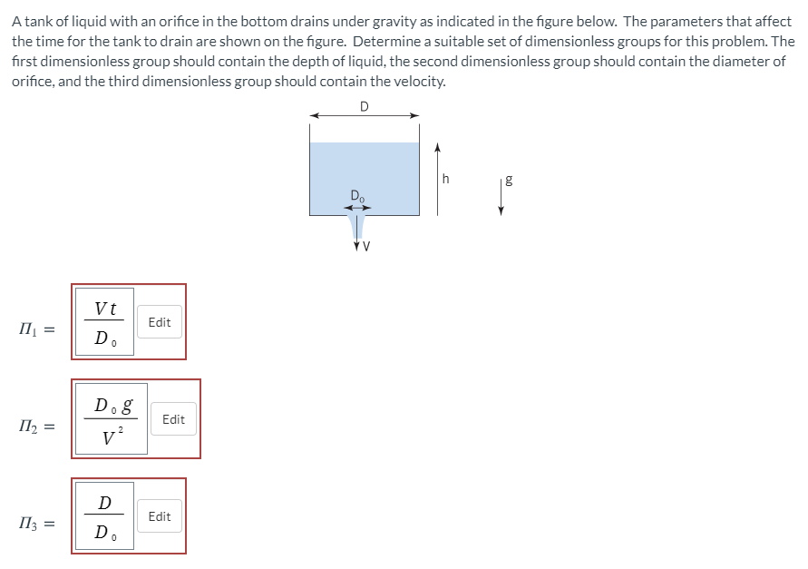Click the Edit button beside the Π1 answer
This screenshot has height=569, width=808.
pyautogui.click(x=160, y=322)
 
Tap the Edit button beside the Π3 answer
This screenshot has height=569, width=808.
pyautogui.click(x=160, y=515)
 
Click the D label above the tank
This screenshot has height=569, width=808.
pyautogui.click(x=365, y=106)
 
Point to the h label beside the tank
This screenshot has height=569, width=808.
pyautogui.click(x=446, y=179)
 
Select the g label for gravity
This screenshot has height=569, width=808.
pyautogui.click(x=509, y=180)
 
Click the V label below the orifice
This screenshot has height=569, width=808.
pyautogui.click(x=366, y=247)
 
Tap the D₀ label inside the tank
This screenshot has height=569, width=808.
pyautogui.click(x=357, y=196)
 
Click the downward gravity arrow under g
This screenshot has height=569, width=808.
pyautogui.click(x=501, y=197)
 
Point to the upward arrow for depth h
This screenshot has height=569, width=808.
pyautogui.click(x=437, y=179)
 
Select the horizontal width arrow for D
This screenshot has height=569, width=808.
pyautogui.click(x=365, y=115)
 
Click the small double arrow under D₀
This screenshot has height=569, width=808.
pyautogui.click(x=357, y=208)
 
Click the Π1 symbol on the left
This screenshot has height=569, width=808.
pyautogui.click(x=28, y=329)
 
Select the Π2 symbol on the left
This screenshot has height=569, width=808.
pyautogui.click(x=28, y=427)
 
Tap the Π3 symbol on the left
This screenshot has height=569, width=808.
pyautogui.click(x=28, y=524)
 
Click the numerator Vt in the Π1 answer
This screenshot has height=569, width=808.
pyautogui.click(x=105, y=309)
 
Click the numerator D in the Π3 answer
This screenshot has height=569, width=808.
pyautogui.click(x=104, y=503)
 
